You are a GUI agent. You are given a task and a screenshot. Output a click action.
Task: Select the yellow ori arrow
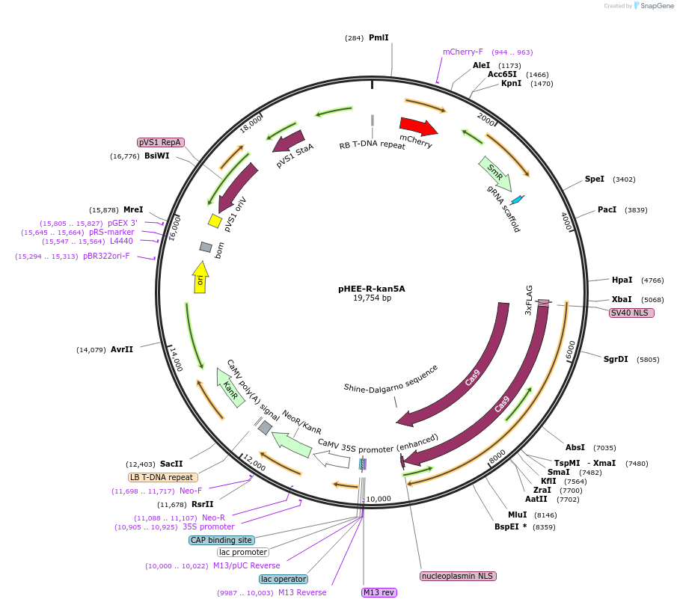click(x=200, y=277)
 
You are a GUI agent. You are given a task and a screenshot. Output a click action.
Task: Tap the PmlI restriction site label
click(x=379, y=37)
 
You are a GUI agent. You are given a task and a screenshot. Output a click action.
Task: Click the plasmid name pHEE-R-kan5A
click(x=372, y=288)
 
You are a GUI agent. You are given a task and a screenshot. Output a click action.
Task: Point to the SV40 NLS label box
click(x=631, y=313)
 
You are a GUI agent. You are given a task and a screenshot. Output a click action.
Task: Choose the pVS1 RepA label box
click(x=160, y=142)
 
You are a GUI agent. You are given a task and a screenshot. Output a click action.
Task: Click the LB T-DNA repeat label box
click(x=163, y=477)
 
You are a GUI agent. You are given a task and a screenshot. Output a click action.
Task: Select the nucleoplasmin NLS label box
click(x=459, y=576)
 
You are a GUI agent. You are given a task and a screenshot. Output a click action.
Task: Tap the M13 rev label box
click(x=379, y=592)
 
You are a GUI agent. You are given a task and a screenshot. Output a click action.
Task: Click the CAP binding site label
click(x=221, y=540)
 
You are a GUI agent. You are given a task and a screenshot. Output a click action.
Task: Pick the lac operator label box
click(x=284, y=579)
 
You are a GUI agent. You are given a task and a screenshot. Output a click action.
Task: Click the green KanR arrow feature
click(x=231, y=387)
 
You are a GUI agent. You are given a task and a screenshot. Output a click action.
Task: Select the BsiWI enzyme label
click(x=156, y=156)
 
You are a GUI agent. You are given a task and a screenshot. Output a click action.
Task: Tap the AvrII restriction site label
click(x=122, y=349)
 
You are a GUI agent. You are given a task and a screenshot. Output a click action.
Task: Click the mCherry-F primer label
click(x=463, y=52)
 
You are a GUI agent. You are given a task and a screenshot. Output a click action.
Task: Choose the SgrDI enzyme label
click(x=616, y=359)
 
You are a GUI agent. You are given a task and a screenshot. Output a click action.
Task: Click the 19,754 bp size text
click(x=372, y=298)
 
